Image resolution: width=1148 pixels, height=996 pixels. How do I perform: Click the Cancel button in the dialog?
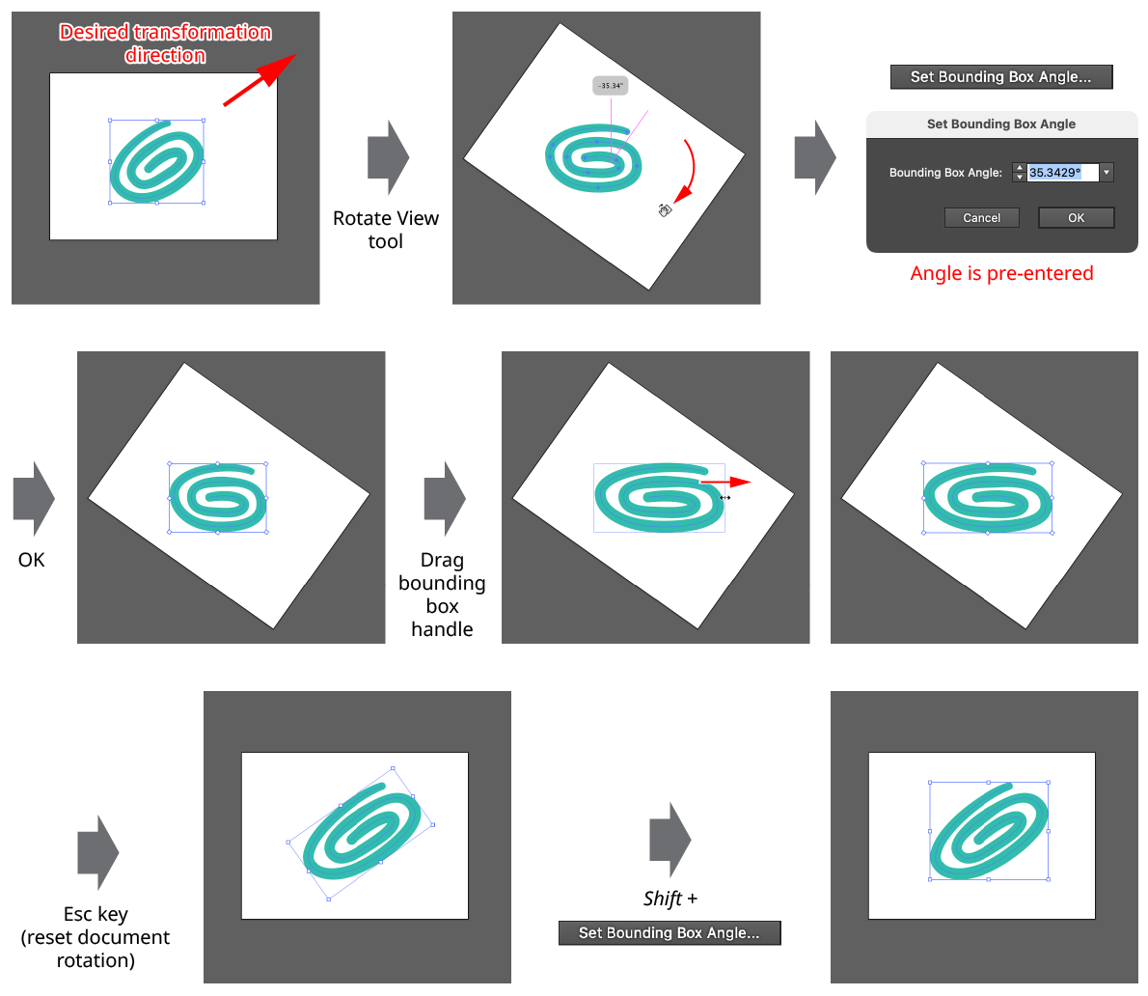(x=981, y=218)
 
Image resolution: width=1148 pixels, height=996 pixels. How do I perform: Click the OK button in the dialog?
(x=1076, y=218)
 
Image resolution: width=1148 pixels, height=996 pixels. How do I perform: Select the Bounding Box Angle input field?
(x=1061, y=173)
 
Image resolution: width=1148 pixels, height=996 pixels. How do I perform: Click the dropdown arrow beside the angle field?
(x=1107, y=173)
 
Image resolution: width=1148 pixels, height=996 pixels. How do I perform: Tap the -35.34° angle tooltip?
(x=610, y=86)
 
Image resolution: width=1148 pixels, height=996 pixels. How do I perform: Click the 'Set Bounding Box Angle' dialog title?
(x=1001, y=124)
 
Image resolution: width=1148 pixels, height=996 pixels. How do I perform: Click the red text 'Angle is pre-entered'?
(x=1001, y=273)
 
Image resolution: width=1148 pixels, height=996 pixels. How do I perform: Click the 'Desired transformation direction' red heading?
(x=165, y=43)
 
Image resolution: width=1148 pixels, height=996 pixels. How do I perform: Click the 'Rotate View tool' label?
(x=386, y=230)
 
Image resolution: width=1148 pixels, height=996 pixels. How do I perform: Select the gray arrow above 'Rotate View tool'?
(x=388, y=157)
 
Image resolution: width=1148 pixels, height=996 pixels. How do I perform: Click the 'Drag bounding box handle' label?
(x=442, y=595)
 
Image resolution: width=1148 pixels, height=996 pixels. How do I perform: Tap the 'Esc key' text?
(x=96, y=914)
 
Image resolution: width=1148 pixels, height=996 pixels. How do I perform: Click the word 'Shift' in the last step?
(x=663, y=899)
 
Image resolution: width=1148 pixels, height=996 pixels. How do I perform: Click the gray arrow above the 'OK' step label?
(x=34, y=499)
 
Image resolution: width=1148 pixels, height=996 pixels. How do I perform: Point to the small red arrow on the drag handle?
(x=724, y=482)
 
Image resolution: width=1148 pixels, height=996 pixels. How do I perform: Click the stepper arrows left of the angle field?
(x=1020, y=173)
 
